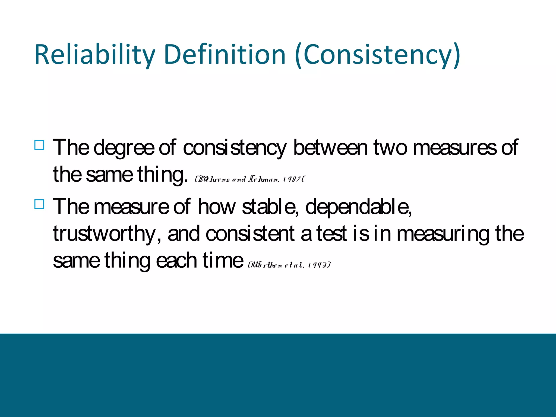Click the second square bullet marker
coord(39,204)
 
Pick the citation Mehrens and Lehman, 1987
coord(250,179)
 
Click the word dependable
coord(358,207)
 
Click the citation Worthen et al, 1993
coord(289,265)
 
